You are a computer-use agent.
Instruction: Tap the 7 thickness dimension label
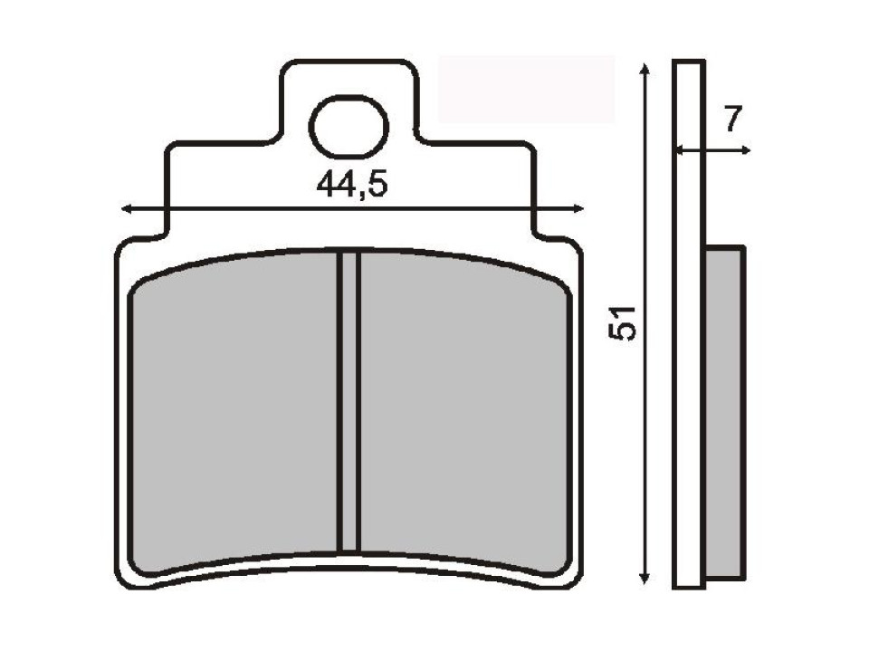point(733,118)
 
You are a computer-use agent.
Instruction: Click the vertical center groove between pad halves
point(349,403)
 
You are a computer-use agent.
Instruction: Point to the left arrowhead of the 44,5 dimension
point(127,209)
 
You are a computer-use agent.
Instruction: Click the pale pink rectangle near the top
point(526,89)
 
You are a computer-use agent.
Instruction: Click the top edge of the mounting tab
point(349,62)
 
